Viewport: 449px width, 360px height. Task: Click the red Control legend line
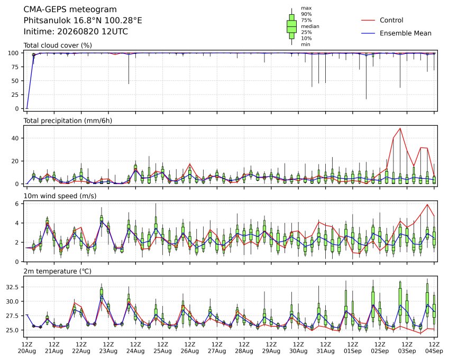point(368,20)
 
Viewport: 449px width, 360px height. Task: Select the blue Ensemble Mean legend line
point(368,33)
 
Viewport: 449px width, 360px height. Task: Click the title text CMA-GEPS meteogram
point(70,10)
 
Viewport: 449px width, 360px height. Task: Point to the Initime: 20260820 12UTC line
point(76,32)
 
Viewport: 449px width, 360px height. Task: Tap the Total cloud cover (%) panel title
point(58,45)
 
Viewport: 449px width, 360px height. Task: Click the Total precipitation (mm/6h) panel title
point(68,121)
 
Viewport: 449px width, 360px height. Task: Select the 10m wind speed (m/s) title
point(60,196)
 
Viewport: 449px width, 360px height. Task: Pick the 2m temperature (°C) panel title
point(57,271)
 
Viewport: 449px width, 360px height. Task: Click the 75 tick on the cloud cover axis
point(15,67)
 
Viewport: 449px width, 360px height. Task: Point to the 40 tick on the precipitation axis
point(15,138)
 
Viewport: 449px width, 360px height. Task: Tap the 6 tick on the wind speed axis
point(17,204)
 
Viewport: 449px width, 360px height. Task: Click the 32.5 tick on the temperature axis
point(13,287)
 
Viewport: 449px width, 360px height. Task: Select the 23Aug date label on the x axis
point(108,351)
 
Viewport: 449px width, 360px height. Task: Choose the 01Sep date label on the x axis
point(353,351)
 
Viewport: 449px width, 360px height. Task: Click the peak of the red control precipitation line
point(400,128)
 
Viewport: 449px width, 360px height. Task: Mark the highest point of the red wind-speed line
point(427,205)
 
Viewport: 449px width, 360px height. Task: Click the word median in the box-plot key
point(310,26)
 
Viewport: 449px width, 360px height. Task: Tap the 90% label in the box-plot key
point(306,14)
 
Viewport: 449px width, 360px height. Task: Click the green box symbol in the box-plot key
point(292,26)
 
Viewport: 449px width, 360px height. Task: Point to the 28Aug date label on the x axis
point(244,351)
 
